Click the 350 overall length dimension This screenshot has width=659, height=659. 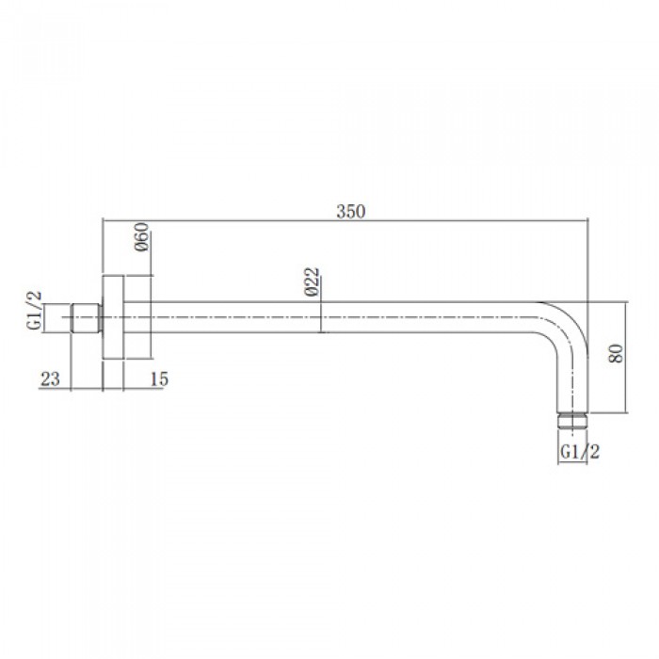pyautogui.click(x=350, y=212)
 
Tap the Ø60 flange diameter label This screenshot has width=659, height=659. pyautogui.click(x=142, y=237)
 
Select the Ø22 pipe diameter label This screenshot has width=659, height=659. pyautogui.click(x=313, y=281)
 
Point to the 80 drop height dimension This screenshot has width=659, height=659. pyautogui.click(x=616, y=353)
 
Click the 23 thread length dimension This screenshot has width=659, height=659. pyautogui.click(x=50, y=379)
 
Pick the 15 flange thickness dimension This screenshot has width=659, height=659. pyautogui.click(x=159, y=379)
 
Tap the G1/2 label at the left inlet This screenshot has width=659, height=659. pyautogui.click(x=35, y=310)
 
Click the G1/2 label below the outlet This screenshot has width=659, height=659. pyautogui.click(x=580, y=452)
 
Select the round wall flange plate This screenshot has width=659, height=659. pyautogui.click(x=113, y=317)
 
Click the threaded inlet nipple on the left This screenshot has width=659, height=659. pyautogui.click(x=87, y=317)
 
